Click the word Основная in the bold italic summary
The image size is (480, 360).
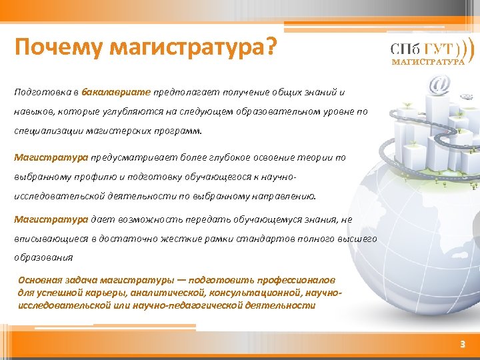click(39, 280)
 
